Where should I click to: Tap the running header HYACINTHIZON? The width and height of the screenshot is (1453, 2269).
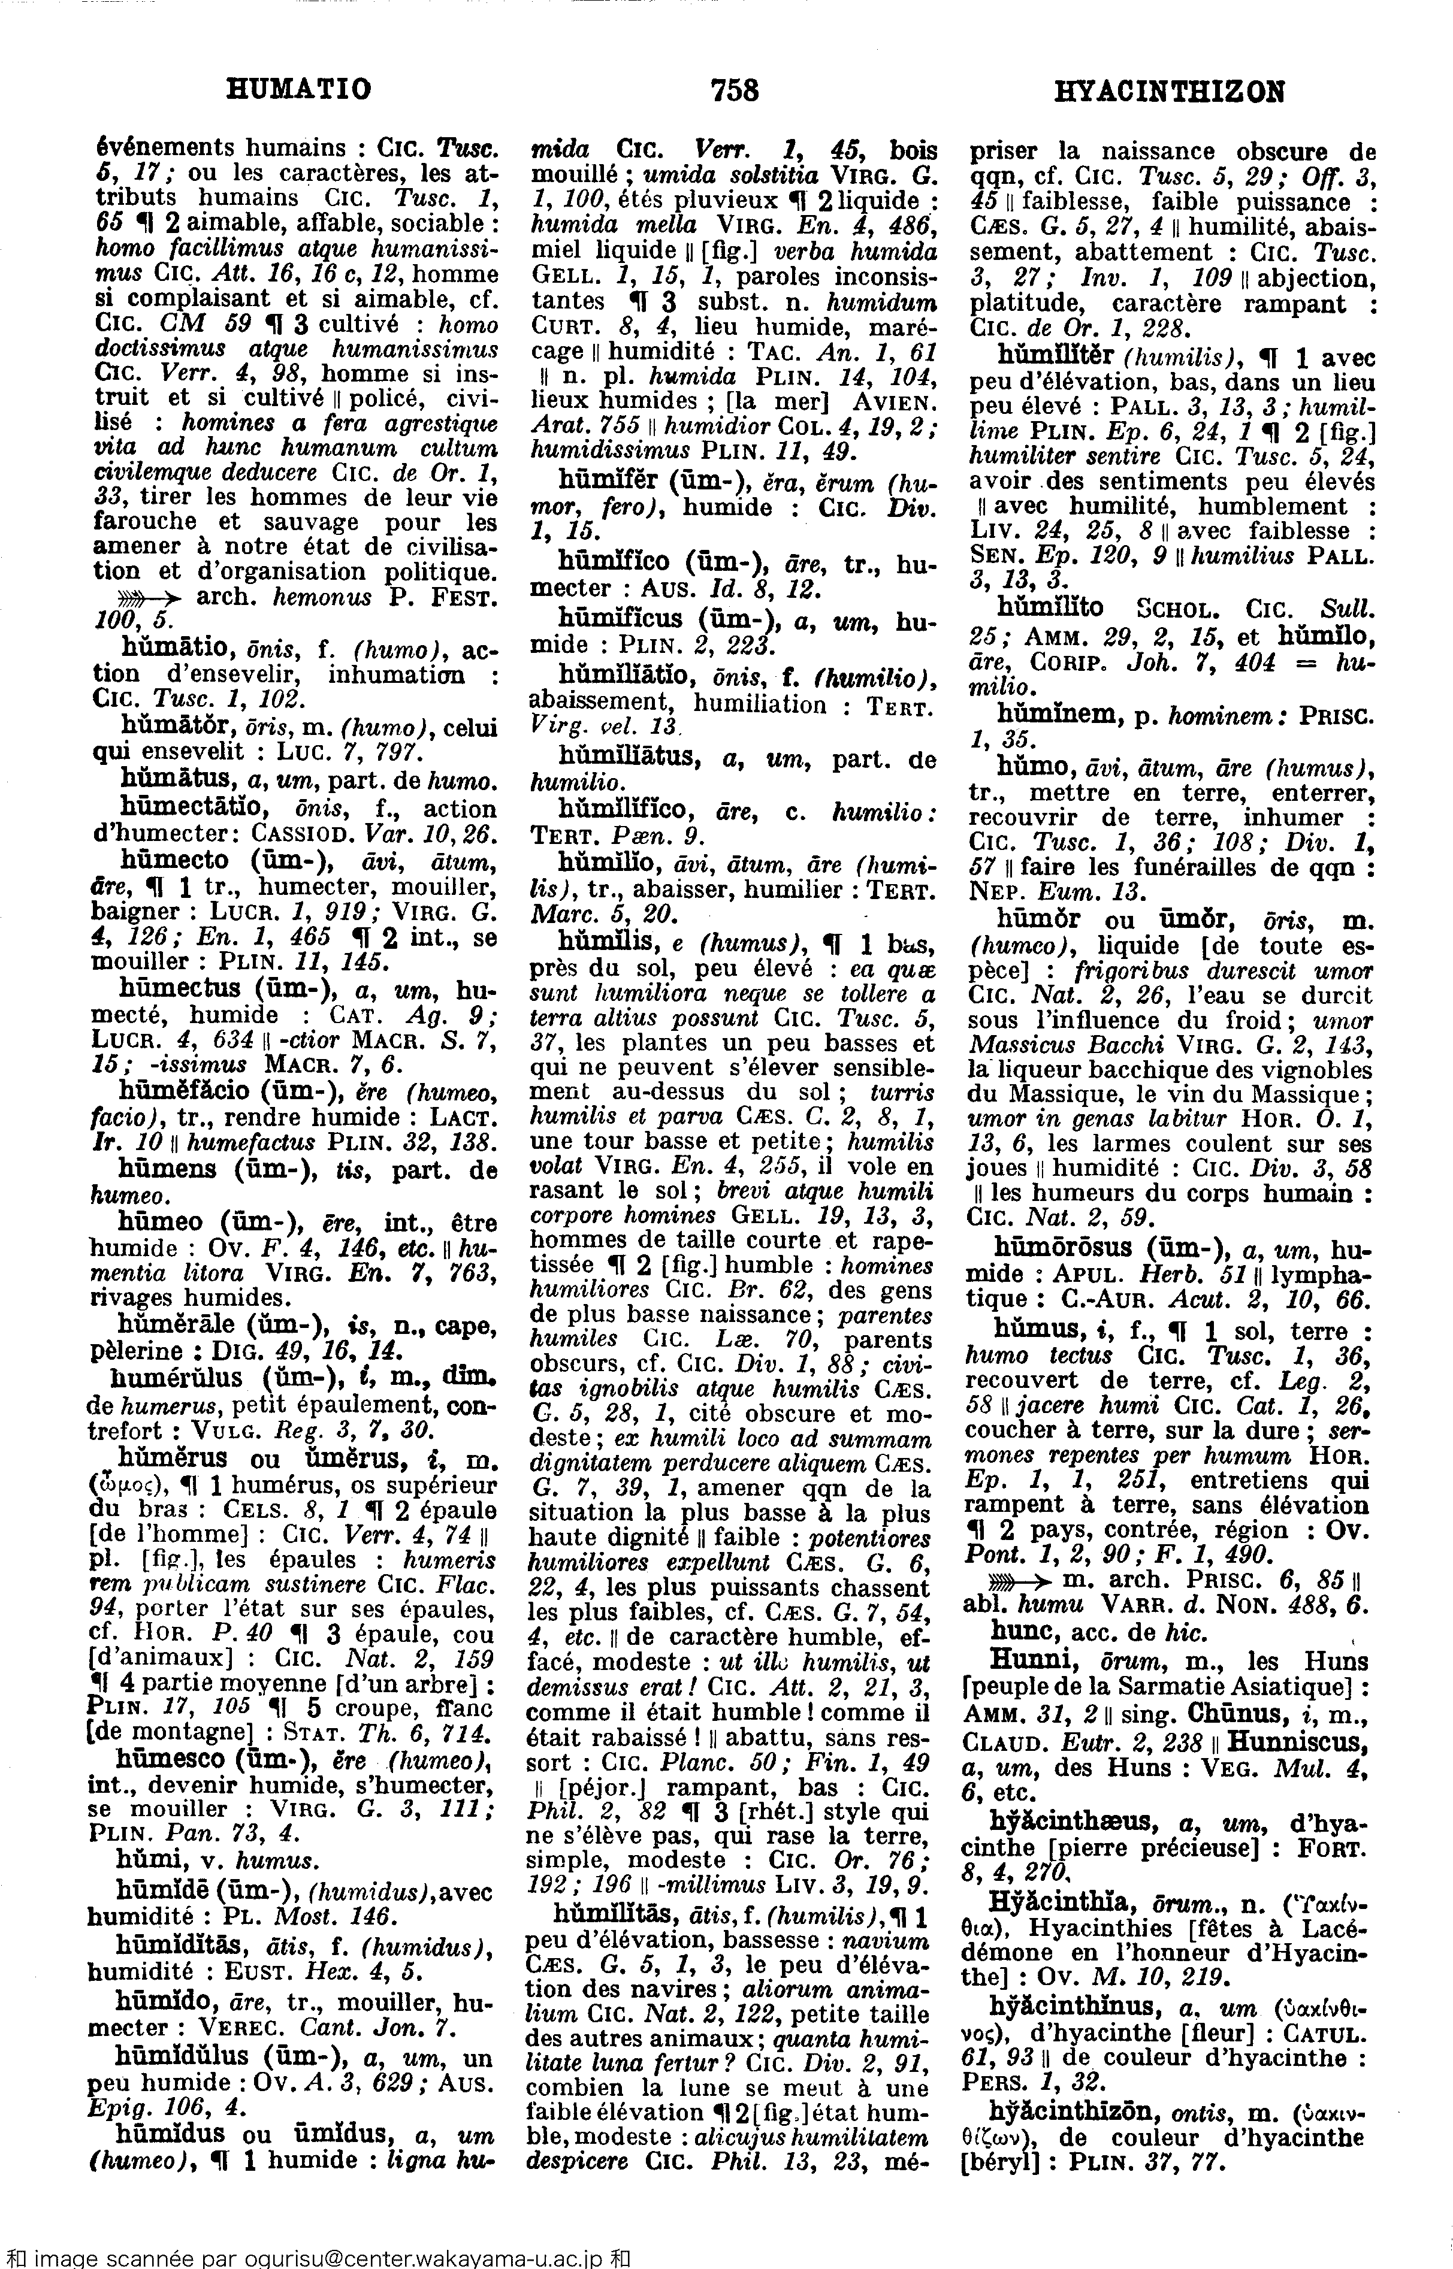click(x=1169, y=92)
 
